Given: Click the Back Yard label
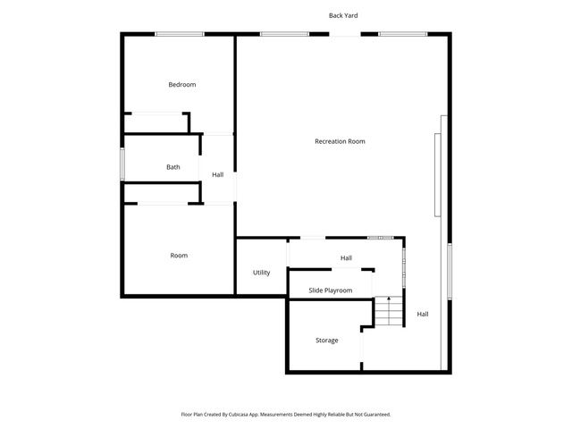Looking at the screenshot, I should tap(343, 15).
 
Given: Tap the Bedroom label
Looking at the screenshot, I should tap(182, 85).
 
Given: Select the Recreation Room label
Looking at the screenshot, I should tap(340, 141).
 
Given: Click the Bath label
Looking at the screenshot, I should tap(173, 167).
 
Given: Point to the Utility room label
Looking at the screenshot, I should tap(261, 273).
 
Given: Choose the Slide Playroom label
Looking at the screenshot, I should tap(331, 290).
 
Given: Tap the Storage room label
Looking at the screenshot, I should tap(326, 341).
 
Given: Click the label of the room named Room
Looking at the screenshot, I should tap(179, 256).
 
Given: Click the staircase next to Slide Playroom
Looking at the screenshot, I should tap(389, 313).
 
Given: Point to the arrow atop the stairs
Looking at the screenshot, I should tap(389, 299).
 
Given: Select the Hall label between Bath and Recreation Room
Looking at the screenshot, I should tap(217, 174).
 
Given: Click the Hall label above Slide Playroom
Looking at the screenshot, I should tap(346, 258).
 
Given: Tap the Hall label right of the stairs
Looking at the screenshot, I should tap(423, 314).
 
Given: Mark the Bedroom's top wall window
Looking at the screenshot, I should tap(179, 34).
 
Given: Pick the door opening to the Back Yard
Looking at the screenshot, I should tap(344, 34).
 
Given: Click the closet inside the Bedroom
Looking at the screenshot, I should tap(157, 123).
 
